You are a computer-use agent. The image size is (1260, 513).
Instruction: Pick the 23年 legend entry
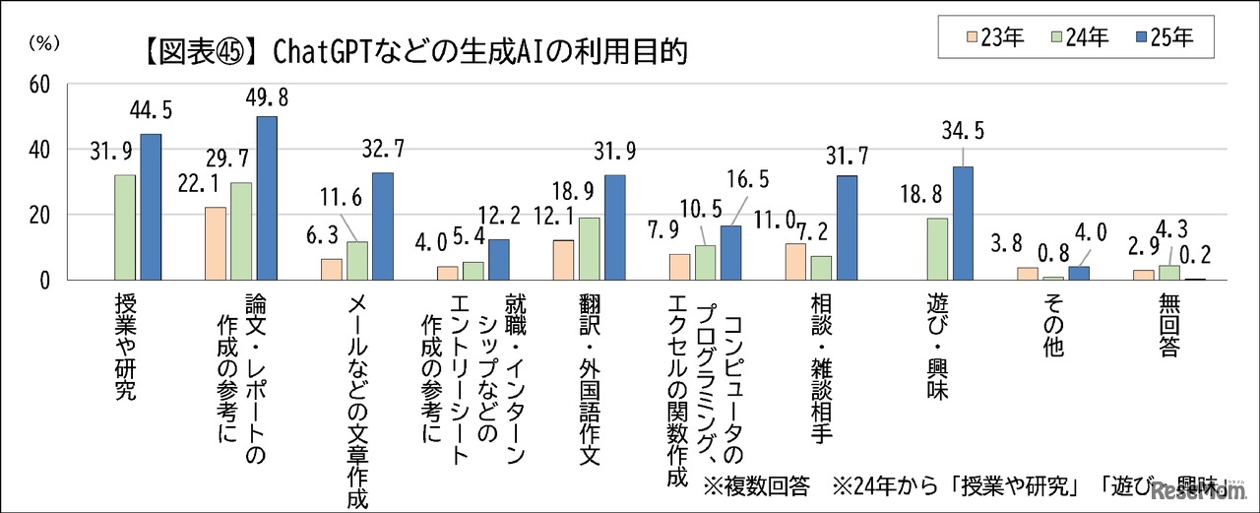click(992, 38)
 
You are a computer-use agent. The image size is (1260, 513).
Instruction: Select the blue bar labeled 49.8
click(267, 198)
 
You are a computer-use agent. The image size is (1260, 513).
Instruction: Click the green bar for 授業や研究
click(125, 227)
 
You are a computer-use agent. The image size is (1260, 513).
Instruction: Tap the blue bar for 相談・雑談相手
click(847, 227)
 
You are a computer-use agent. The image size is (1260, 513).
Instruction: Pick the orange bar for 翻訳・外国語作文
click(563, 260)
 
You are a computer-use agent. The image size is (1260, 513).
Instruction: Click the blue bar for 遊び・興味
click(962, 224)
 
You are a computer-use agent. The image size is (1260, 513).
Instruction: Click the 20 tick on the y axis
click(39, 215)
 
